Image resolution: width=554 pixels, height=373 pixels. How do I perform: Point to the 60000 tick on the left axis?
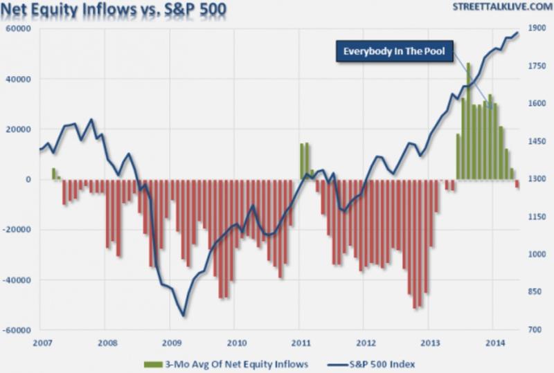tap(19, 28)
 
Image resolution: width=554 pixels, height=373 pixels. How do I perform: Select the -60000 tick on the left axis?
tap(17, 330)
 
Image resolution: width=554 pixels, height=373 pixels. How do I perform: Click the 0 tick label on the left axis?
tap(28, 179)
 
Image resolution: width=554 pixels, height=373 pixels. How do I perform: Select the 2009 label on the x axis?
tap(170, 343)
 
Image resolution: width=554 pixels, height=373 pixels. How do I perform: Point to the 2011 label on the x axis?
tap(299, 343)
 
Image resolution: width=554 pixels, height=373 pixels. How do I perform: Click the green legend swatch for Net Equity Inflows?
tap(152, 363)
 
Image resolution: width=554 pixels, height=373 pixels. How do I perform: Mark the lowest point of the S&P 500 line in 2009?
tap(184, 316)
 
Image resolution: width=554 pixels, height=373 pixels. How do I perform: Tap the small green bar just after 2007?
tap(54, 174)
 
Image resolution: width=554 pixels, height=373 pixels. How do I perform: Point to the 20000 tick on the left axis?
tap(19, 129)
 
